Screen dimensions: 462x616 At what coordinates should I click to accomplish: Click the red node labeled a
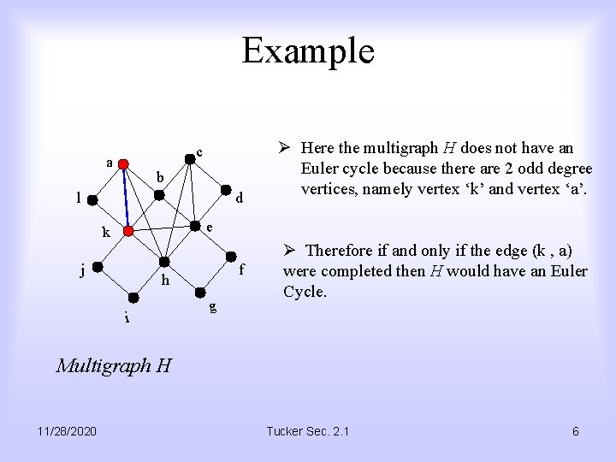[x=123, y=163]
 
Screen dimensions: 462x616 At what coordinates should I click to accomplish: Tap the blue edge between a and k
[x=125, y=197]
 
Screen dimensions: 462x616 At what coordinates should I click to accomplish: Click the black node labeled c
[x=190, y=157]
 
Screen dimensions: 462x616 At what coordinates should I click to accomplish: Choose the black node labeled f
[x=231, y=257]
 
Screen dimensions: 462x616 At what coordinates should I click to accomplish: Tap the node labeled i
[x=133, y=298]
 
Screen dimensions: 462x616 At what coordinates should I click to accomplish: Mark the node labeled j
[x=98, y=267]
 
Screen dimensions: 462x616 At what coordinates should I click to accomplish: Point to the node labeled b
[x=159, y=195]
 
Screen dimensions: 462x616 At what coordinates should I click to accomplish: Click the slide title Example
[x=308, y=50]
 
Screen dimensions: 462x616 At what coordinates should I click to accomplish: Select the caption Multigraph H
[x=114, y=366]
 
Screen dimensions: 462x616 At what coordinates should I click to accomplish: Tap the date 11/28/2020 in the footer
[x=68, y=431]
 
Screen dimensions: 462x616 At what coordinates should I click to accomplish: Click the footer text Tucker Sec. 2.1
[x=308, y=431]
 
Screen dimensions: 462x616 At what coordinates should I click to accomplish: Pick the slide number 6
[x=576, y=431]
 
